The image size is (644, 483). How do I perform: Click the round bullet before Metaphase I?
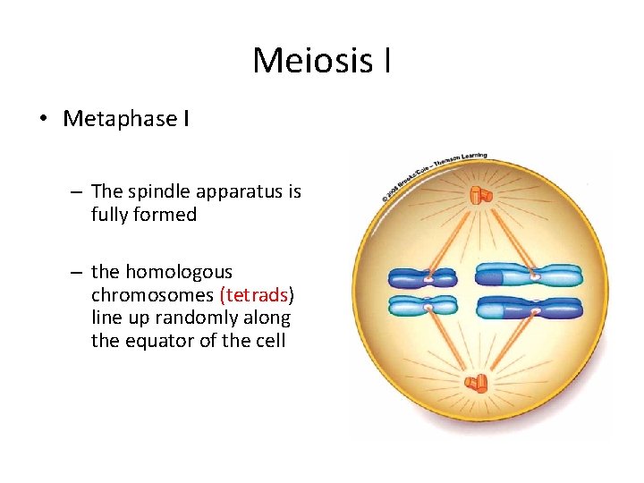(x=45, y=120)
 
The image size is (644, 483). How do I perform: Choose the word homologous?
(x=178, y=272)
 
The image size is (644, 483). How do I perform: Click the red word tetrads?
(x=254, y=295)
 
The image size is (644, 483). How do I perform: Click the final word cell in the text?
(x=270, y=341)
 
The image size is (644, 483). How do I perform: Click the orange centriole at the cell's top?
(x=480, y=194)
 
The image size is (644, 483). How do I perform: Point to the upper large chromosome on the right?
(x=528, y=274)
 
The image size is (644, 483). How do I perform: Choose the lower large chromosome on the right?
(x=528, y=309)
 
